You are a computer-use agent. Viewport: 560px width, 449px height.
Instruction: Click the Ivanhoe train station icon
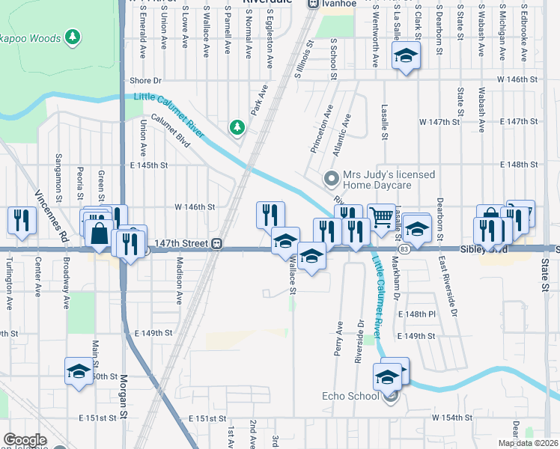pos(313,4)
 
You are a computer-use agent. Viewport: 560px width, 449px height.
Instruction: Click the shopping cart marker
pos(382,218)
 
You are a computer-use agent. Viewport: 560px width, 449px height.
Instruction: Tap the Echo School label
pos(350,396)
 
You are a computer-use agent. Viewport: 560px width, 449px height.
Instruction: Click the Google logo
pos(25,440)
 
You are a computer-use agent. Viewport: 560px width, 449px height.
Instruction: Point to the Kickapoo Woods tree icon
pos(72,35)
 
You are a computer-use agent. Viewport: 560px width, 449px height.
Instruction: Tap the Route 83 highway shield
pos(404,248)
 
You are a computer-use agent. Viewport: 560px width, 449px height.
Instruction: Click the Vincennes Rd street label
pos(52,214)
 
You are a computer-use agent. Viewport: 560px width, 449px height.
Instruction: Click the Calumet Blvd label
pos(171,127)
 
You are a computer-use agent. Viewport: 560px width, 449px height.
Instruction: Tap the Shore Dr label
pos(145,80)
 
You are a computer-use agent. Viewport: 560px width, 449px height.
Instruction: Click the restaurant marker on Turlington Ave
pos(20,220)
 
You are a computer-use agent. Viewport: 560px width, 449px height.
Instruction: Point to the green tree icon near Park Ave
pos(237,127)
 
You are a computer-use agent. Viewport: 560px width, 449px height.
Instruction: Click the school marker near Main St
pos(79,370)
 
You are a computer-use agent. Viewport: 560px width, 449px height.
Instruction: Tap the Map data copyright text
pos(529,443)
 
